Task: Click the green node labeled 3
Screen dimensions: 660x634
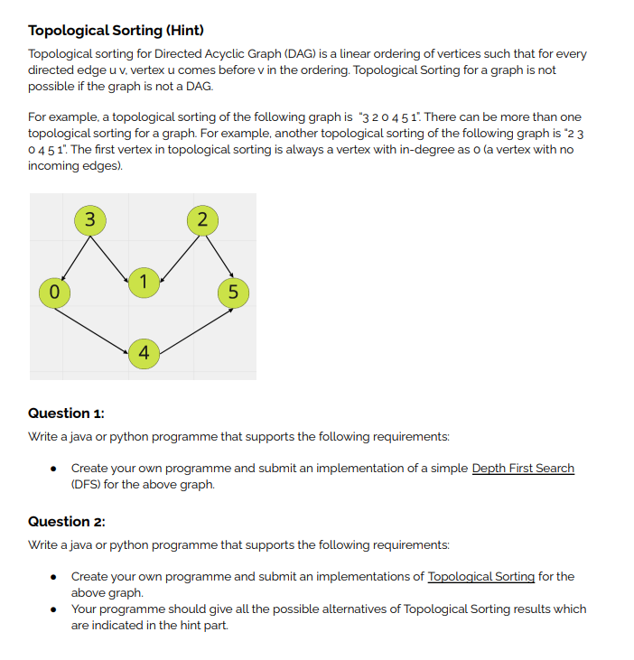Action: coord(88,219)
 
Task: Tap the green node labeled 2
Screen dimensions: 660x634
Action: coord(201,219)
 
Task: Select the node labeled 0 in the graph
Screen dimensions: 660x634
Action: coord(54,292)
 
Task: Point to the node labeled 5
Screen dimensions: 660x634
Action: coord(233,292)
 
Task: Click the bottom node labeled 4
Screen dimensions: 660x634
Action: coord(144,351)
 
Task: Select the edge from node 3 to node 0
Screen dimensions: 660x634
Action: coord(71,256)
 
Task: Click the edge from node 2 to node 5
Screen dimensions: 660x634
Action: coord(218,256)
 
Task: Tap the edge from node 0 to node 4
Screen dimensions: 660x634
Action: coord(98,321)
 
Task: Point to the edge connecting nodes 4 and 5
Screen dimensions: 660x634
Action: coord(189,321)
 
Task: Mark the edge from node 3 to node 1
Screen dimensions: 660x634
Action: coord(115,249)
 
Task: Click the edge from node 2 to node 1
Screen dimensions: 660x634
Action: coord(174,251)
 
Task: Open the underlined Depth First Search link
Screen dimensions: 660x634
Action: coord(523,468)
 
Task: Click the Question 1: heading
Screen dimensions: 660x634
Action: coord(66,414)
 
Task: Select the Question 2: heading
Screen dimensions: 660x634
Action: coord(67,522)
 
